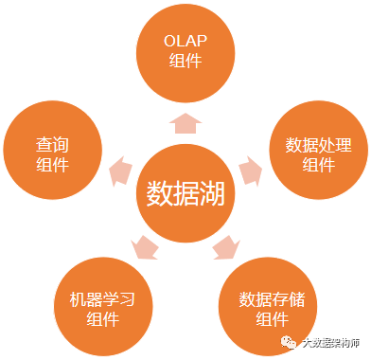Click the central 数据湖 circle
pos(185,193)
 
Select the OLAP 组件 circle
pos(185,53)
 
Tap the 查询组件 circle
pos(53,150)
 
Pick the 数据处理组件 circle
pos(319,150)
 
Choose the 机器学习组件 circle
pos(103,307)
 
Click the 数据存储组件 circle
pos(268,307)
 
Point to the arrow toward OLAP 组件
pos(185,123)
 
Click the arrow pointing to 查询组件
pos(120,171)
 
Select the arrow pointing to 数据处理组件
pos(251,171)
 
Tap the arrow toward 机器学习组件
pos(144,247)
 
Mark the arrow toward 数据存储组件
pos(226,247)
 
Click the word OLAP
pos(185,41)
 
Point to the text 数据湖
pos(185,193)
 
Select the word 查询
pos(52,144)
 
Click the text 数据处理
pos(319,145)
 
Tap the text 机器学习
pos(102,299)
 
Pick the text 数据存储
pos(272,299)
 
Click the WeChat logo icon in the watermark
pos(289,343)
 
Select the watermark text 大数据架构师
pos(330,343)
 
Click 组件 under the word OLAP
pos(185,61)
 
